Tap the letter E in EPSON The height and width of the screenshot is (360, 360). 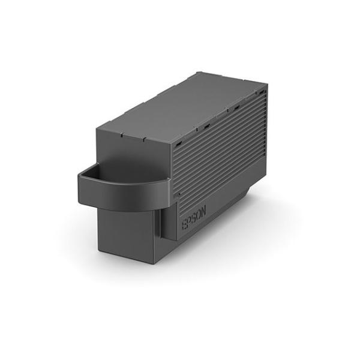184,225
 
